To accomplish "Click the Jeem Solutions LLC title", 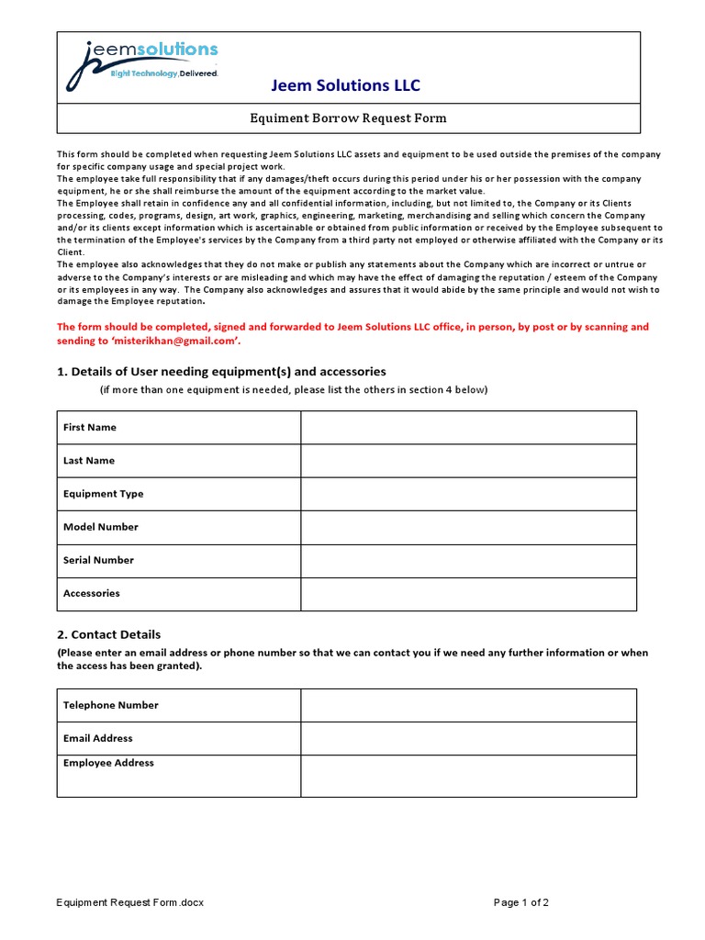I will click(x=345, y=85).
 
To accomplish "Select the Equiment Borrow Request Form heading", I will click(x=349, y=118).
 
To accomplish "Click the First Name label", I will click(x=90, y=428).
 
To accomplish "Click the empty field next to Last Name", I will click(x=468, y=461).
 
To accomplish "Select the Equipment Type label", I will click(x=103, y=494).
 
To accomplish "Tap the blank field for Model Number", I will click(x=468, y=527).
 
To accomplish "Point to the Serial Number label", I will click(x=98, y=560).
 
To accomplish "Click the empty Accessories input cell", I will click(x=468, y=594).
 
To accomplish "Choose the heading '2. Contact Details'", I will click(x=108, y=634).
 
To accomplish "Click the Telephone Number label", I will click(x=110, y=705).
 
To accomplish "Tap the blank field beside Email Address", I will click(x=468, y=738).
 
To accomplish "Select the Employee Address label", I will click(x=108, y=763).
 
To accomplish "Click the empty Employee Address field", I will click(x=468, y=776).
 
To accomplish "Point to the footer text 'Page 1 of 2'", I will click(x=521, y=902).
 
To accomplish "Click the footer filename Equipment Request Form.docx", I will click(x=130, y=902).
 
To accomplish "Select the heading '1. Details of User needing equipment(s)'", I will click(x=221, y=372).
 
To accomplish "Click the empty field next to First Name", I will click(x=468, y=428).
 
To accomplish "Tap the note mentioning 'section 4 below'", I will click(x=294, y=390).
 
